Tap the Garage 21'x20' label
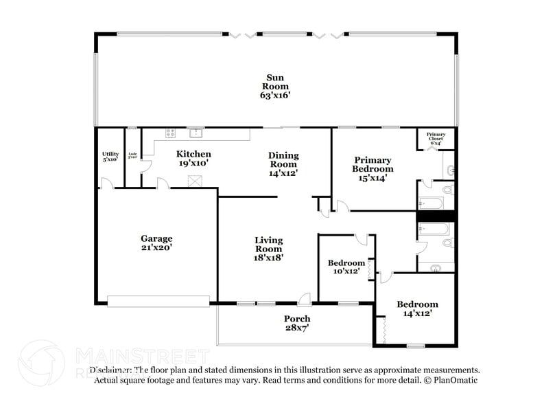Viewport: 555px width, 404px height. pos(157,243)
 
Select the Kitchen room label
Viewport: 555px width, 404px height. pos(193,159)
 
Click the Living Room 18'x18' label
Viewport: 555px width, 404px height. pos(269,249)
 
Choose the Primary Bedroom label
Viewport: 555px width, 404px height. pos(373,169)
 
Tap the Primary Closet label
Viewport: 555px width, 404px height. pos(436,137)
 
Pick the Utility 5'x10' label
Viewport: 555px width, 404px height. pos(110,156)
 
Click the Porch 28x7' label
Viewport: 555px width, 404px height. pos(297,323)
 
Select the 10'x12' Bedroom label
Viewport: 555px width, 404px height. pos(346,267)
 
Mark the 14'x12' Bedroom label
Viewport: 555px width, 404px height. pos(417,308)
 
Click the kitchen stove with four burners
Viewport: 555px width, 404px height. pos(169,133)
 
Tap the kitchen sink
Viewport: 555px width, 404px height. pos(196,132)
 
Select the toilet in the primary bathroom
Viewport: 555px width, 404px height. pos(447,188)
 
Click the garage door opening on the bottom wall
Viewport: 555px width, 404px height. pos(158,300)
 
